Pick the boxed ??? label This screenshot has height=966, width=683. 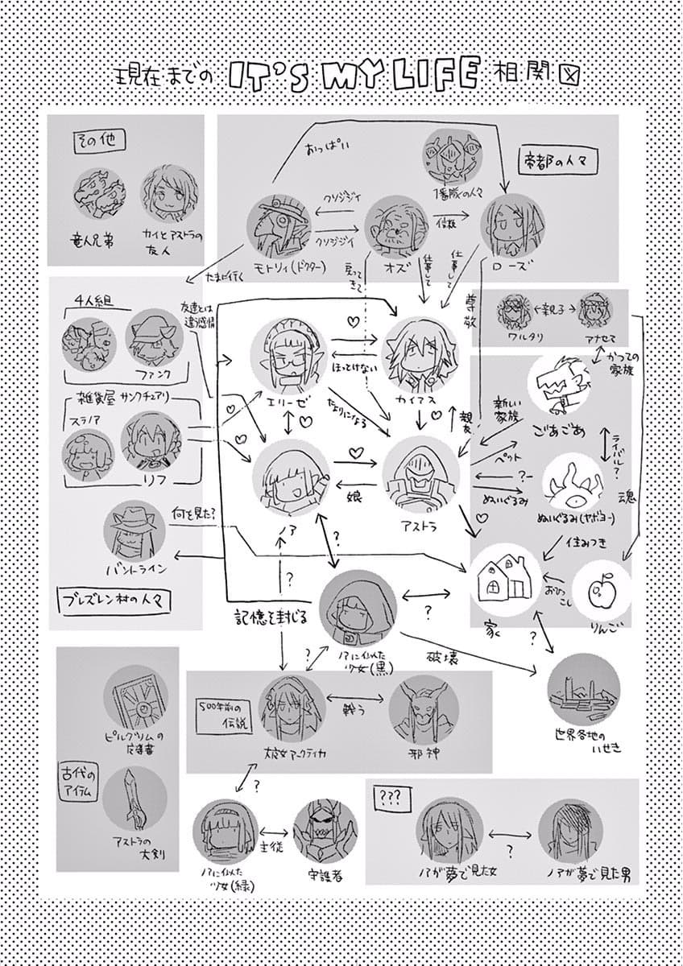[390, 798]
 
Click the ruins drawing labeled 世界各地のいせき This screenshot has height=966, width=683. [583, 694]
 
